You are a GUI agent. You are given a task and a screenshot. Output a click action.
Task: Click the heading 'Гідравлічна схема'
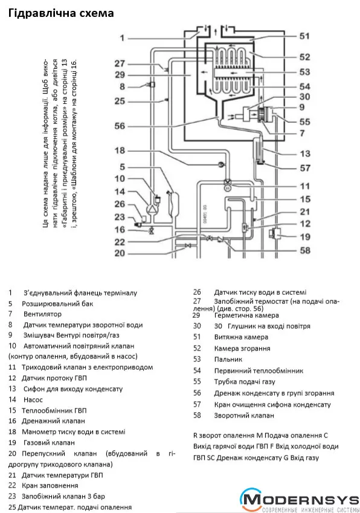tap(61, 13)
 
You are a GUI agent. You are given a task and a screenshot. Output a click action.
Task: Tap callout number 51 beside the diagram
tap(304, 36)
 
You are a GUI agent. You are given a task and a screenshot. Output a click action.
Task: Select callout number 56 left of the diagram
tap(120, 126)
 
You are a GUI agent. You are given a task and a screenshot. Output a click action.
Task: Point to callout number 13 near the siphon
tap(305, 153)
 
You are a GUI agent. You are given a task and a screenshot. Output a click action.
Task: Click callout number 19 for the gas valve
tap(305, 237)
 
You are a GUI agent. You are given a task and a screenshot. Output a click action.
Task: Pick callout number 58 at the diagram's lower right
tap(305, 250)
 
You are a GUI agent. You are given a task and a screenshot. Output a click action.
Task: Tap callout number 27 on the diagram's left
tap(120, 63)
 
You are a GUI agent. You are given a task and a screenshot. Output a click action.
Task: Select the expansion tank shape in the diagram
tap(173, 204)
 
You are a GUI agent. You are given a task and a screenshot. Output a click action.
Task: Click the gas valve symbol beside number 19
tap(274, 234)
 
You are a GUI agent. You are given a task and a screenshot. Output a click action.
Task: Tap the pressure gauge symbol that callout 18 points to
tap(221, 165)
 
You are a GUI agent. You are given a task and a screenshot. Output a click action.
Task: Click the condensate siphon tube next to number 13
tap(259, 150)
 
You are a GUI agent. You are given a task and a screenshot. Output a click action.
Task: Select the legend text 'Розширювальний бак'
tap(57, 303)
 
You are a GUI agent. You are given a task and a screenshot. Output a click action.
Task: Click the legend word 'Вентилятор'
tap(42, 314)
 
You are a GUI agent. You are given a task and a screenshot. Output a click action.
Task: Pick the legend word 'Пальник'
tap(228, 360)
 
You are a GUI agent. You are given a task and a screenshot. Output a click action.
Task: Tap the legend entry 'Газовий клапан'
tap(50, 443)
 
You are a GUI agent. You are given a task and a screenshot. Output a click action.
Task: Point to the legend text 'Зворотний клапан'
tap(244, 416)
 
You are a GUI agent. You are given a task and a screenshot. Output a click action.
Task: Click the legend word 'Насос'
tap(33, 400)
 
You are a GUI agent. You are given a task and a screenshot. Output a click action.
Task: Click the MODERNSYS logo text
tap(301, 500)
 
